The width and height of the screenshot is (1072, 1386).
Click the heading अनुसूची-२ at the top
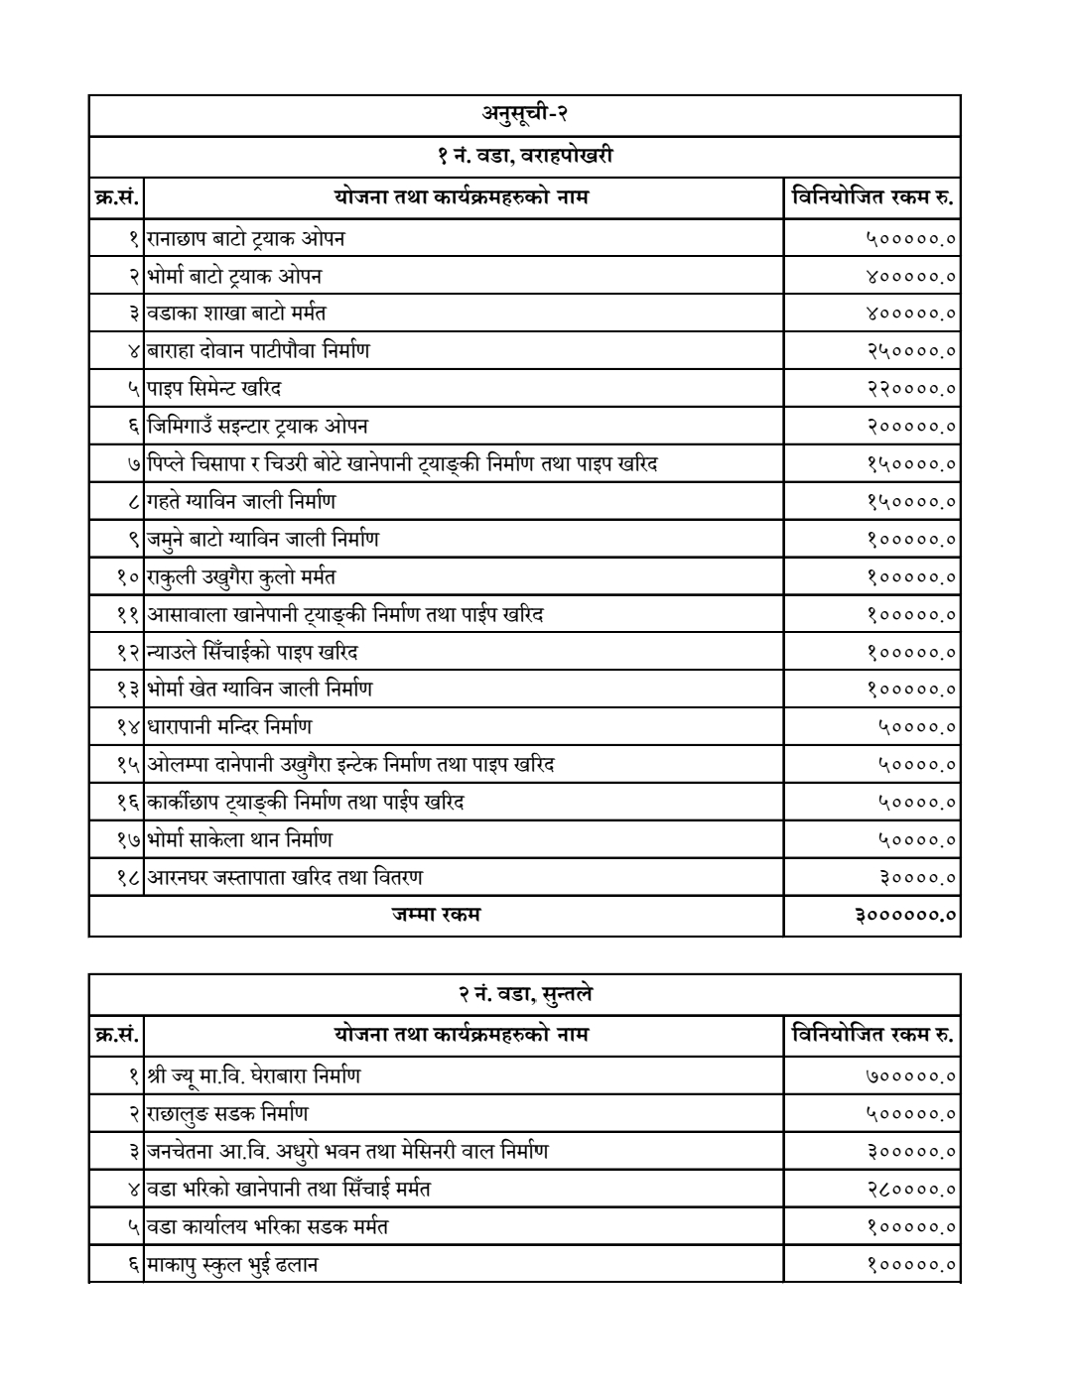pyautogui.click(x=524, y=115)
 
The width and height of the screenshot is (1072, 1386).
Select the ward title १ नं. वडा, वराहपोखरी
pyautogui.click(x=524, y=156)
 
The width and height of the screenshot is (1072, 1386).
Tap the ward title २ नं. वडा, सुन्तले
pyautogui.click(x=524, y=994)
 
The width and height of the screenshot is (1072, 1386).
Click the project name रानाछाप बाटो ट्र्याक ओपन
pyautogui.click(x=246, y=239)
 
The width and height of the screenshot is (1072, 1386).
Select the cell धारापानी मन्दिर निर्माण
pyautogui.click(x=229, y=727)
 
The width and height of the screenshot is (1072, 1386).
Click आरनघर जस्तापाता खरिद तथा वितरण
pyautogui.click(x=285, y=877)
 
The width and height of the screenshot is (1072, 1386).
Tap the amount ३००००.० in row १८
pyautogui.click(x=918, y=878)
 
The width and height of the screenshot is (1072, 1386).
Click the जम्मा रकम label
pyautogui.click(x=436, y=915)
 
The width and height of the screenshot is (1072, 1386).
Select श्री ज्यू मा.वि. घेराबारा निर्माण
pyautogui.click(x=253, y=1075)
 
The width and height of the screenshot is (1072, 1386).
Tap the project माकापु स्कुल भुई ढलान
pyautogui.click(x=232, y=1264)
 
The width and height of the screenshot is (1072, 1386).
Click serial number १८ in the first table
pyautogui.click(x=129, y=878)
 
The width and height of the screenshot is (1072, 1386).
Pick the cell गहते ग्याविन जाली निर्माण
pyautogui.click(x=241, y=502)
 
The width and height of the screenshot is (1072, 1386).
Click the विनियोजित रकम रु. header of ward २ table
pyautogui.click(x=871, y=1035)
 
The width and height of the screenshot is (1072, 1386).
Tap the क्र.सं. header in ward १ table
pyautogui.click(x=115, y=197)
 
